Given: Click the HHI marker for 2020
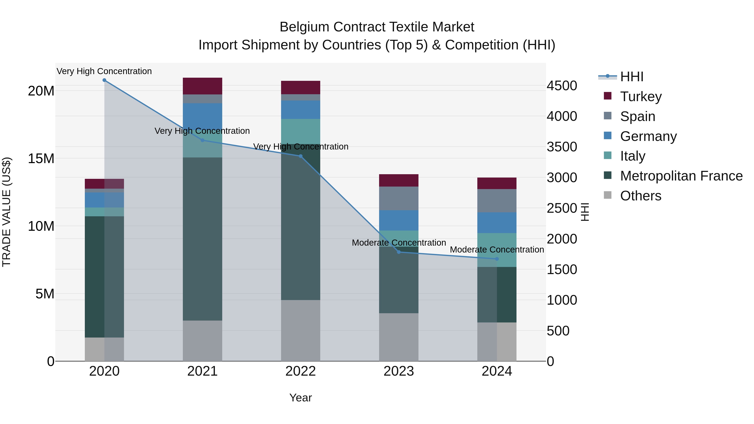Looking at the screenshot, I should (104, 80).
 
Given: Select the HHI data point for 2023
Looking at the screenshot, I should (399, 252).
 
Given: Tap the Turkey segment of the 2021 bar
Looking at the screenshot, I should (202, 86).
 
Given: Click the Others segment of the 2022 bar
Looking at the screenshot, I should (300, 330).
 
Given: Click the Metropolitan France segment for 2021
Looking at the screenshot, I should (202, 239).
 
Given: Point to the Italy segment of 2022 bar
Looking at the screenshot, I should (300, 131).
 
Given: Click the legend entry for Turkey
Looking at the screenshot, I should (640, 97).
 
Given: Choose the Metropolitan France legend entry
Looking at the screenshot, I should (681, 176).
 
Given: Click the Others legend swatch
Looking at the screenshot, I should (607, 195).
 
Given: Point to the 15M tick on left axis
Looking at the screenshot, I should (41, 159).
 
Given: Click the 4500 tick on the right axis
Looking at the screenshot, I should (562, 86).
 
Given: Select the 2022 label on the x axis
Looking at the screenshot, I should (300, 371).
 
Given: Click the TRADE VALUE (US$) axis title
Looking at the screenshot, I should (6, 212).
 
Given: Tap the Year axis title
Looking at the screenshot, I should (300, 398).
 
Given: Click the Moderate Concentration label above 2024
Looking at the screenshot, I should (497, 250).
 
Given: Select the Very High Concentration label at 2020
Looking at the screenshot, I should (104, 71).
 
